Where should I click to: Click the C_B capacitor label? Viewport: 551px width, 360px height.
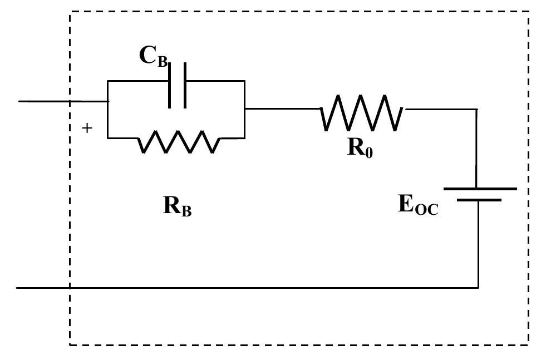[153, 56]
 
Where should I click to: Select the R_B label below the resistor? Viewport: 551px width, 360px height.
[177, 206]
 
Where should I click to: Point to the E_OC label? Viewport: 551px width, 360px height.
[418, 205]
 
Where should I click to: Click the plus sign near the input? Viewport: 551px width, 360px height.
[87, 128]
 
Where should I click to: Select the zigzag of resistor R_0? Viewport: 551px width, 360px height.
[362, 113]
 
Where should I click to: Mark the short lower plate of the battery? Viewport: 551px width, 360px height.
[480, 200]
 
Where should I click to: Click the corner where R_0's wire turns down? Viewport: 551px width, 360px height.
[476, 110]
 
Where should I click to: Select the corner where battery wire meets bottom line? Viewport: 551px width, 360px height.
[479, 288]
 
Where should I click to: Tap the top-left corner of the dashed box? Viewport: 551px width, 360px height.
[70, 12]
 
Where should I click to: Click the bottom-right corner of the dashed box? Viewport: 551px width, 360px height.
[528, 344]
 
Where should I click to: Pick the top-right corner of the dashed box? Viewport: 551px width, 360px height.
[528, 12]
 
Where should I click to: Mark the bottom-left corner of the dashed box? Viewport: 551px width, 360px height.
[70, 344]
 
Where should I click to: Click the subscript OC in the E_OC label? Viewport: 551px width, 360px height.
[426, 210]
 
